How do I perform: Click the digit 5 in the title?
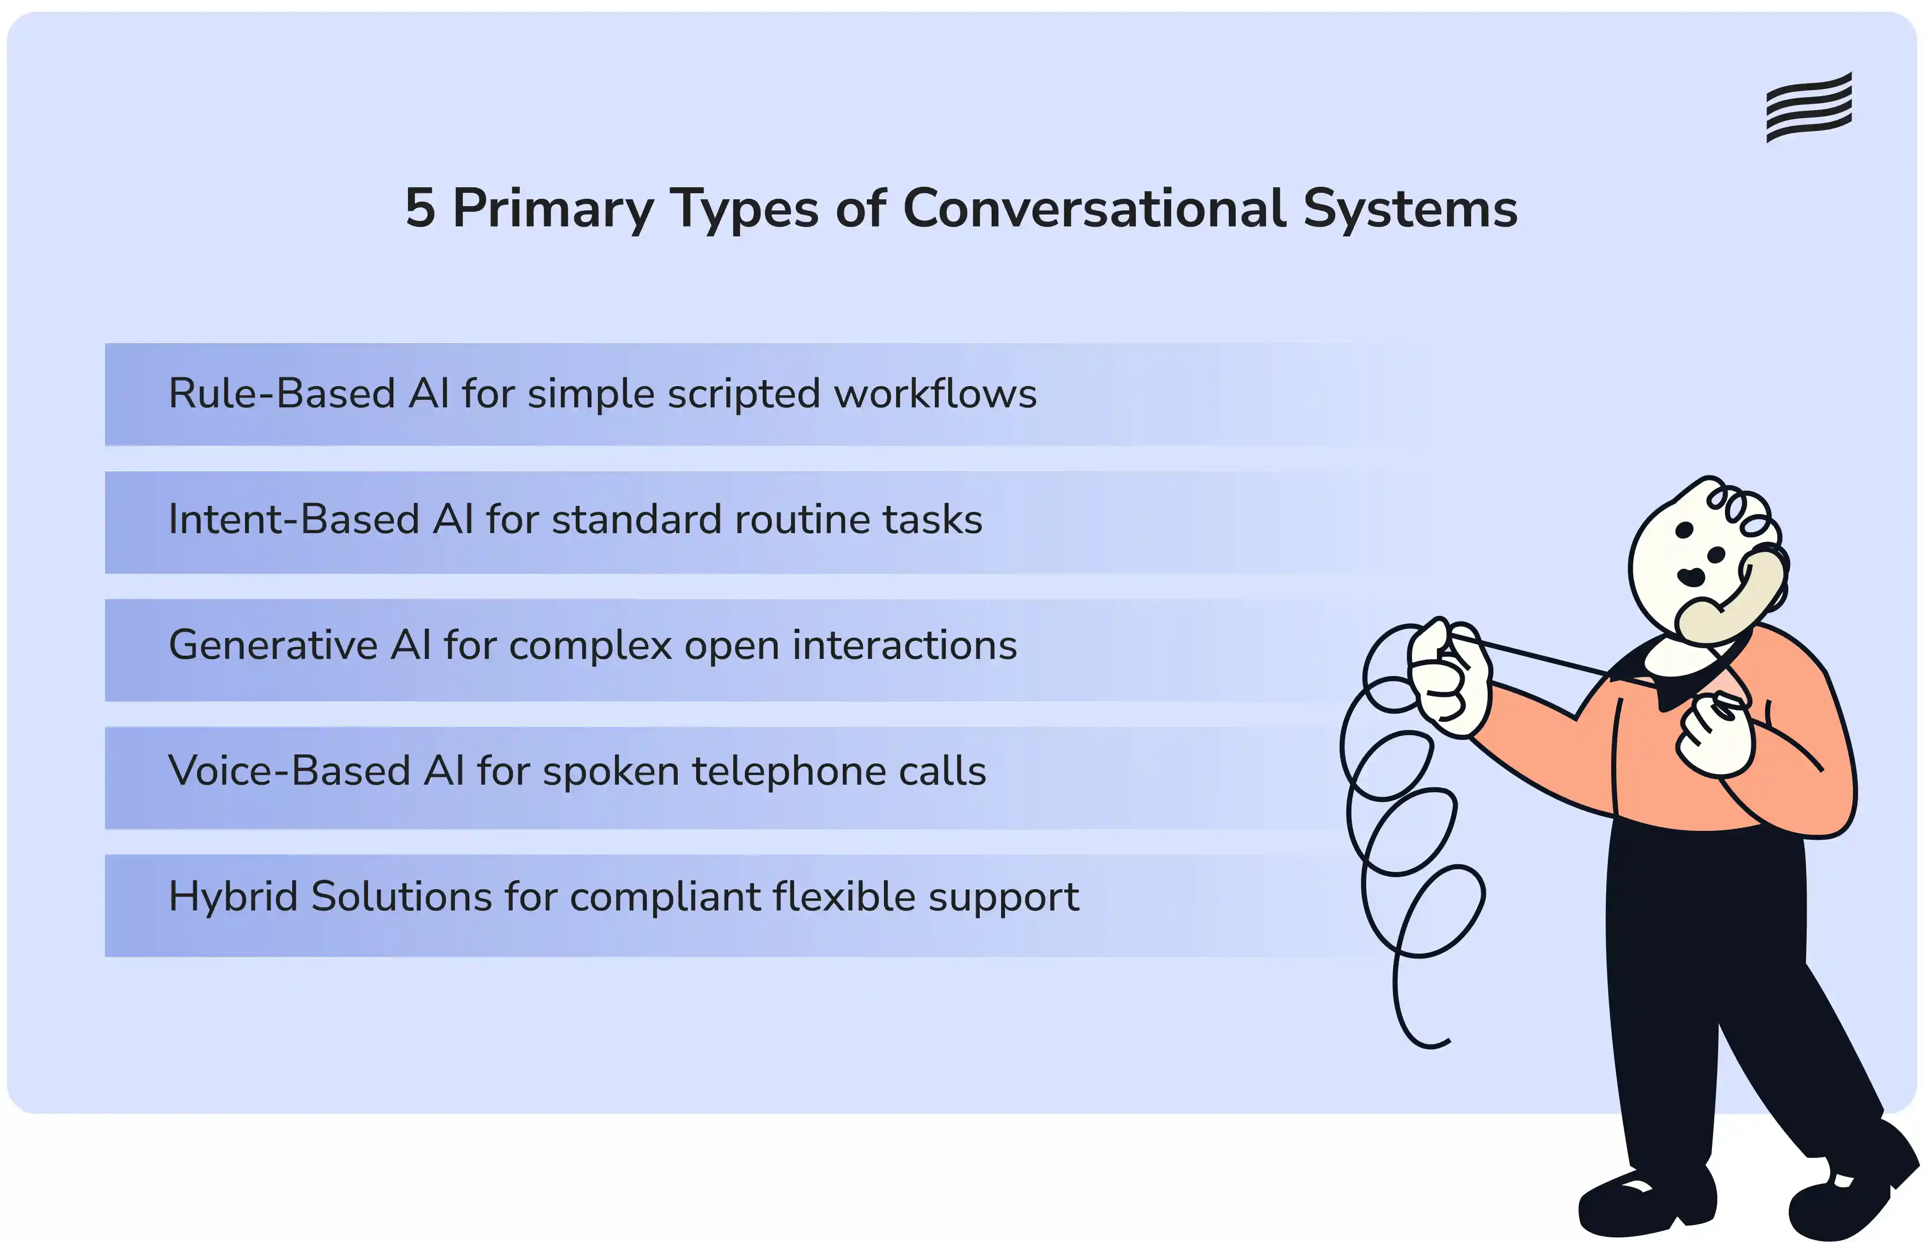420,208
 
